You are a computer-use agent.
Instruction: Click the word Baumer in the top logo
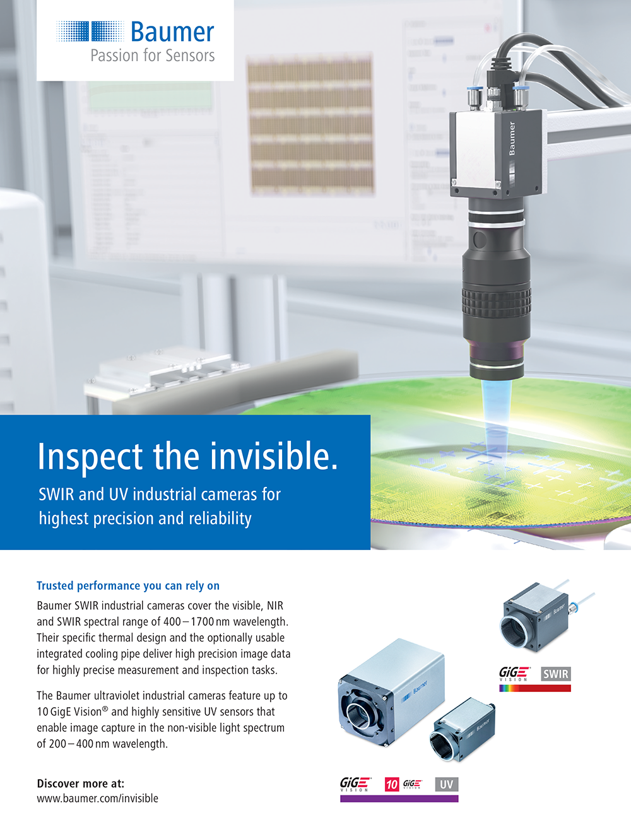tap(172, 32)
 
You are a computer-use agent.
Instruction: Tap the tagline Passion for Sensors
tap(152, 56)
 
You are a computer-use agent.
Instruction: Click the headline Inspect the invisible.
tap(187, 456)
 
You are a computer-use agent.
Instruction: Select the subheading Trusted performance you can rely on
tap(128, 586)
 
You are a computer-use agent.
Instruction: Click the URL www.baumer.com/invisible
tap(97, 799)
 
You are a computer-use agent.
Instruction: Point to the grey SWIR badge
tap(556, 674)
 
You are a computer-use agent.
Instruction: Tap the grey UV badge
tap(446, 785)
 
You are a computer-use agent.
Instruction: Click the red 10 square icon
tap(392, 785)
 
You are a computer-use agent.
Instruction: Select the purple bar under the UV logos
tap(399, 799)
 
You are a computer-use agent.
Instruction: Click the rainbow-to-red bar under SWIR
tap(534, 688)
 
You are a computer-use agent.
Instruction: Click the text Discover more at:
tap(81, 783)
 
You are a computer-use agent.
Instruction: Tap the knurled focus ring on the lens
tap(496, 302)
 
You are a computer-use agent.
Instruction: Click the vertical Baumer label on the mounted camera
tap(512, 138)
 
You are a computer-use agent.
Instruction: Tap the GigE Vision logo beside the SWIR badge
tap(514, 674)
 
